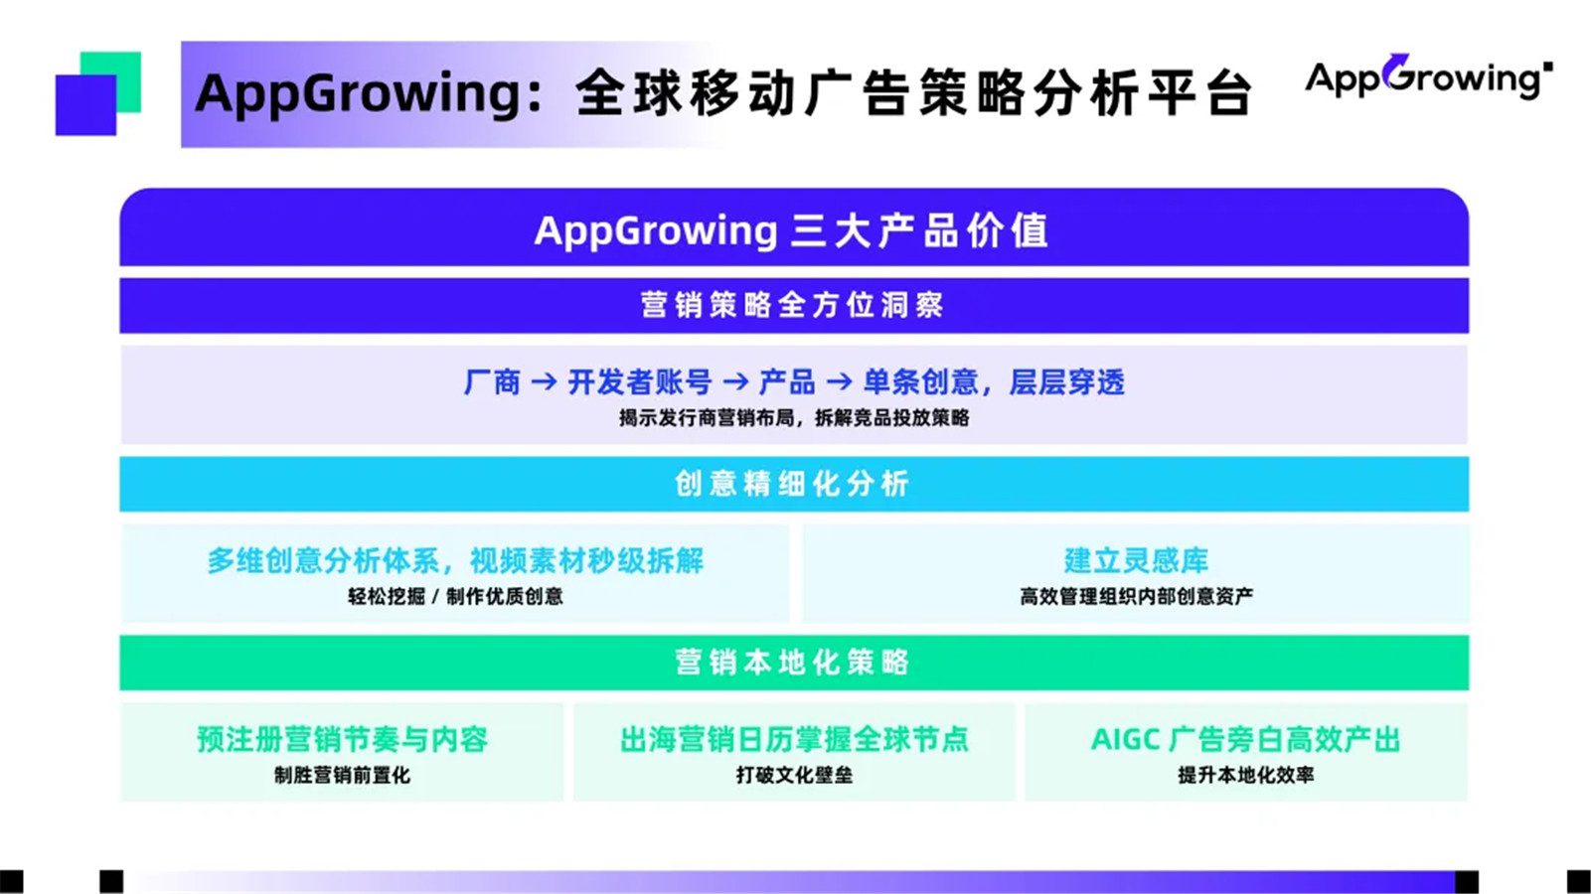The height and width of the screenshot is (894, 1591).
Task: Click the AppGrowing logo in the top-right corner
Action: pos(1427,76)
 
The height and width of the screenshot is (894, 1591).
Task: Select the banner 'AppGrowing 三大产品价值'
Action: pos(792,230)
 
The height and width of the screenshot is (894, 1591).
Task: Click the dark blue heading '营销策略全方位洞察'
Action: pos(792,305)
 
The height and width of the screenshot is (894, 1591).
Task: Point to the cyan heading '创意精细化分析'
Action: pos(792,484)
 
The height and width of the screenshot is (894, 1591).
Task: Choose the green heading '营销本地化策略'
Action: pos(792,663)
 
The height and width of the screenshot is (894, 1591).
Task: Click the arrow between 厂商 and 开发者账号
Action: pos(544,382)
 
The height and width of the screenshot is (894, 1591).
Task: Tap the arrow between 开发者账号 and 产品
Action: pos(735,382)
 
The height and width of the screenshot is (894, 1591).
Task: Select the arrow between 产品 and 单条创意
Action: pos(839,382)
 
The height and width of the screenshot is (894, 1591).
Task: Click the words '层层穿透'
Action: pos(1066,382)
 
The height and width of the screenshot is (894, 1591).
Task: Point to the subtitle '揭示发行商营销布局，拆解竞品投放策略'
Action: pos(793,418)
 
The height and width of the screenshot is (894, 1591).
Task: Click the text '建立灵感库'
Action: pos(1136,561)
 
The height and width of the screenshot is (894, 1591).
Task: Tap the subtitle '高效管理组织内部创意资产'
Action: pos(1136,597)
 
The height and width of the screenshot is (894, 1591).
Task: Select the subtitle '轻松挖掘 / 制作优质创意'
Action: pos(455,597)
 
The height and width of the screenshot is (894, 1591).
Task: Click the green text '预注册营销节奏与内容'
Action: pos(342,740)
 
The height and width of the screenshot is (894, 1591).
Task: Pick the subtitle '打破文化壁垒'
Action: pos(794,776)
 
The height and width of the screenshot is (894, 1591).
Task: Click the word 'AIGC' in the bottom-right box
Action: pos(1125,740)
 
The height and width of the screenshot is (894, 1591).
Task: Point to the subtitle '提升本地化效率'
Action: pos(1245,776)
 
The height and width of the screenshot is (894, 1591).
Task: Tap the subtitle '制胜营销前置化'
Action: pos(342,776)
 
